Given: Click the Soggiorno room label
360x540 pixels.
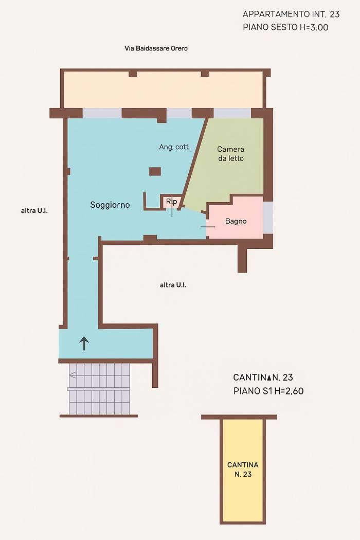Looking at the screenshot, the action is point(110,205).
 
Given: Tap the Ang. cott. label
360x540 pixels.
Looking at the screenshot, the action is point(175,147).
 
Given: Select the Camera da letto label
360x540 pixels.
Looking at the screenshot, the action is point(231,154).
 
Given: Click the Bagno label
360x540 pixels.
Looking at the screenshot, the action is point(236,221).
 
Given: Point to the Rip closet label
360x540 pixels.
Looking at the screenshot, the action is point(171,202).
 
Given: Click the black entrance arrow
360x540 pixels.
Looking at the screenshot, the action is point(84,344).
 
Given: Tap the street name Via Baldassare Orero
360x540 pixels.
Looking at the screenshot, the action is point(156,48).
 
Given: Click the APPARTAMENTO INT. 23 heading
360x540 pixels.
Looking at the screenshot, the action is point(291,14).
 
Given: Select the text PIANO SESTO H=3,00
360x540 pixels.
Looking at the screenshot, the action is point(285,27).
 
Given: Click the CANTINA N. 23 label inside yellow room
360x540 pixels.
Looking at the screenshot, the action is point(243,470).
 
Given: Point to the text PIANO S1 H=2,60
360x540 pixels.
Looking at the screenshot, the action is point(268,391).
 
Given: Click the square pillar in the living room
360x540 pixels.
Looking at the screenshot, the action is point(155,171).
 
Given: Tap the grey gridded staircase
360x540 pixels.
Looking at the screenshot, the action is point(99,389).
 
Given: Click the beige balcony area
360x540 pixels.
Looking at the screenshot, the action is point(164,90).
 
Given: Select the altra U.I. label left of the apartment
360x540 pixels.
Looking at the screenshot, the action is point(34,211).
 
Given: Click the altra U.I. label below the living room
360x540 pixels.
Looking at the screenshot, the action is point(173,285).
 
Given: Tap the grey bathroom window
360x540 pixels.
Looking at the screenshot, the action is point(268,218).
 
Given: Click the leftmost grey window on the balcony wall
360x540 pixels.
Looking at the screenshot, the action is point(102,113).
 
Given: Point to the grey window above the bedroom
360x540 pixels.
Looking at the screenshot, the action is point(232,113).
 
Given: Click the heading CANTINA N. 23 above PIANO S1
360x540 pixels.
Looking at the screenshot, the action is point(263,377).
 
